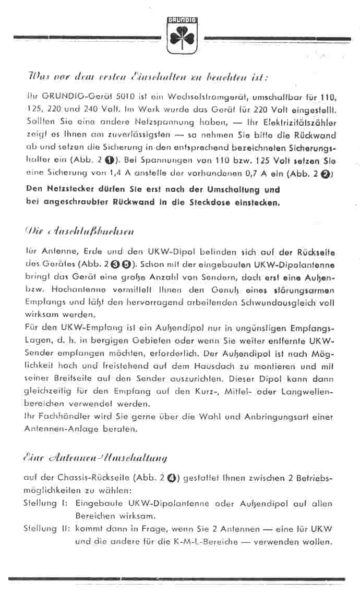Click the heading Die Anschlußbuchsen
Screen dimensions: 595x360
pos(81,229)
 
